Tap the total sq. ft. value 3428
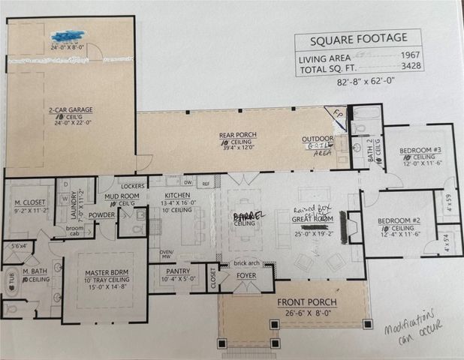click(409, 67)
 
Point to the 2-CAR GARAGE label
click(71, 109)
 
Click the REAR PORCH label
click(234, 136)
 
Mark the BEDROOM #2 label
click(394, 220)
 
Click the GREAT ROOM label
click(313, 218)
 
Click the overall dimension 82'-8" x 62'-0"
click(358, 79)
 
